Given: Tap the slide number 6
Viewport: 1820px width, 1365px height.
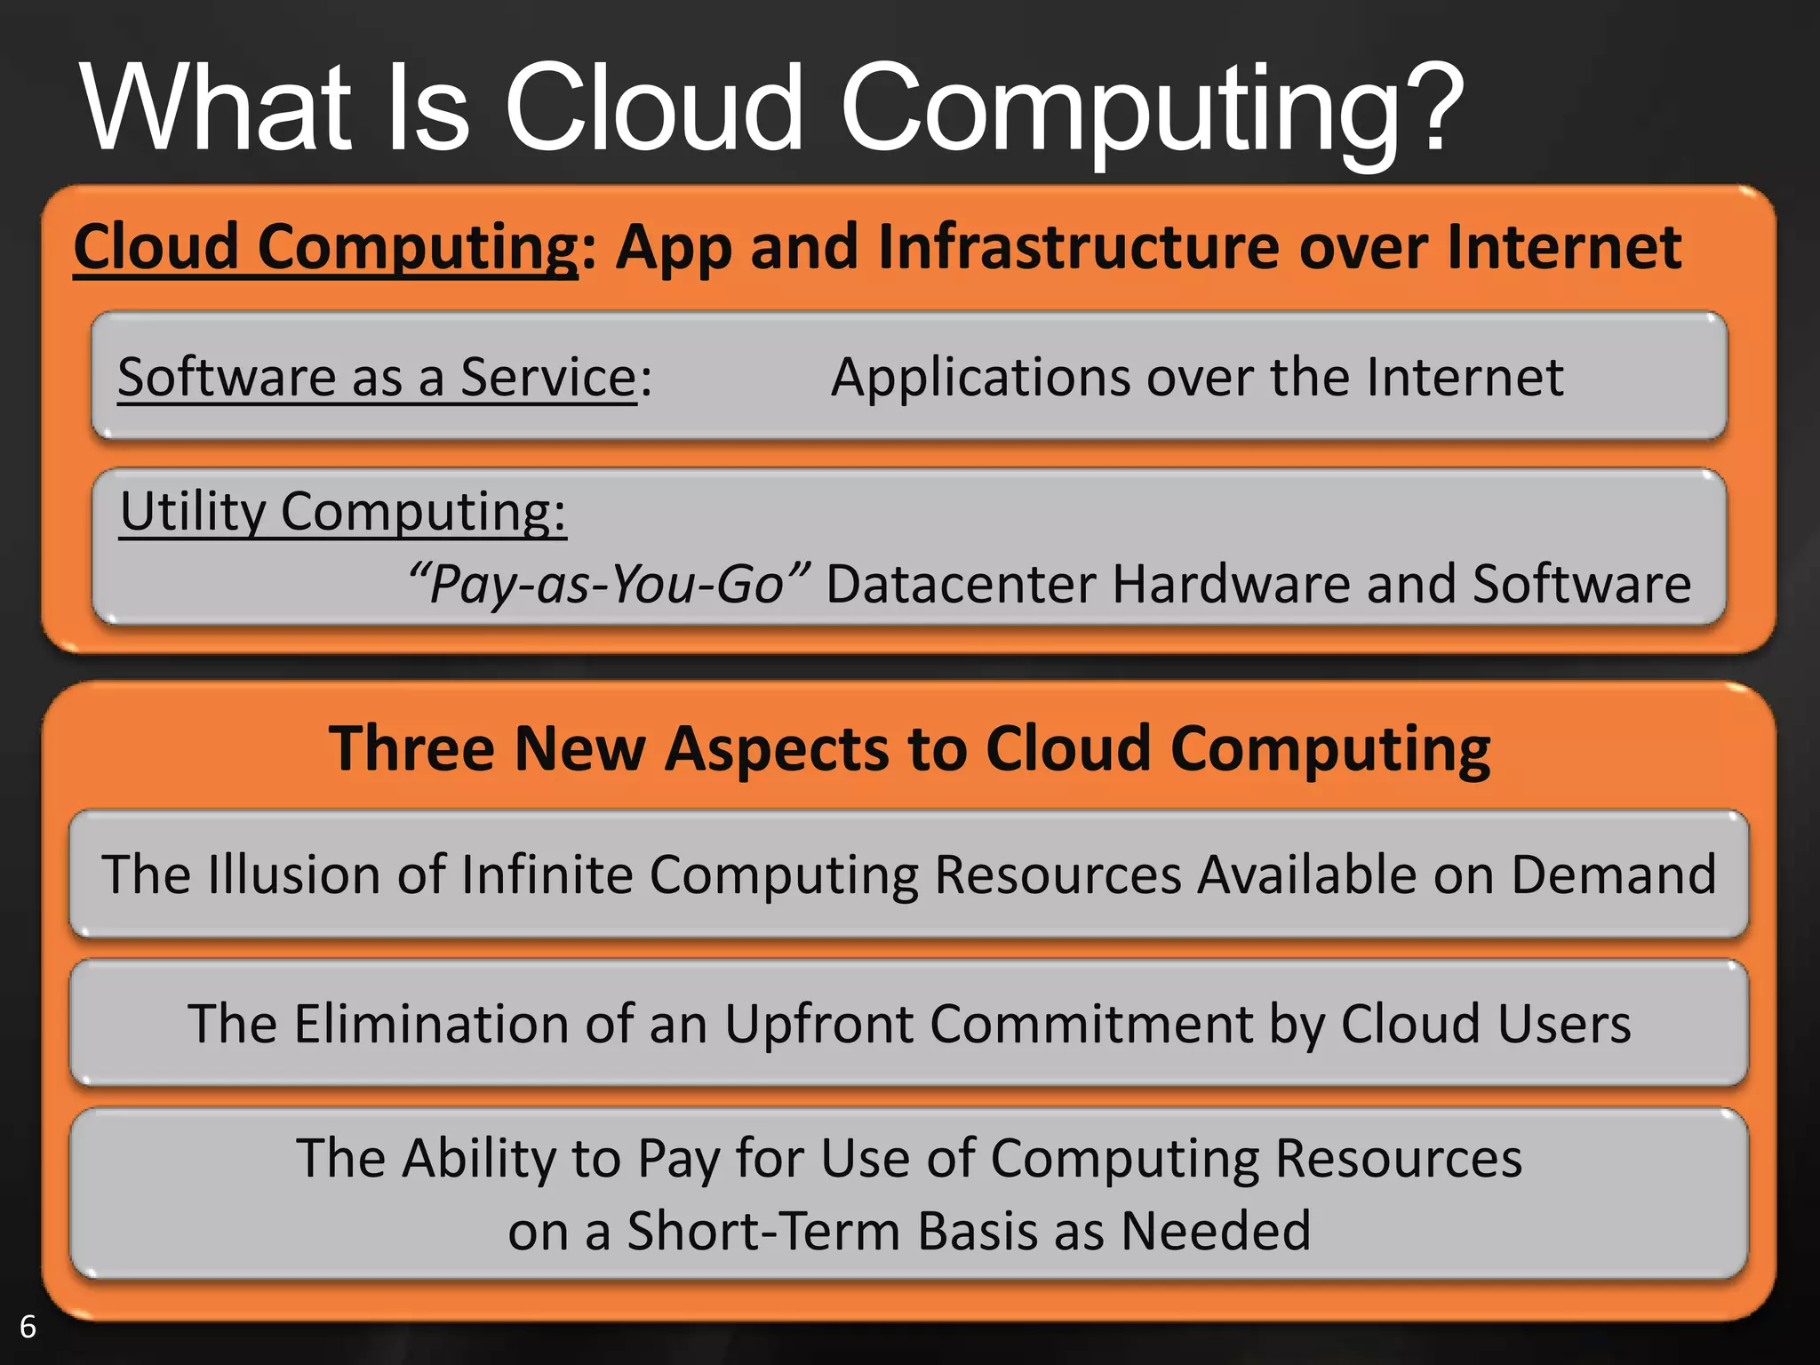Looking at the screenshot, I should [28, 1327].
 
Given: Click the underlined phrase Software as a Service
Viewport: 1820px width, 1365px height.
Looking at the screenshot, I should [377, 378].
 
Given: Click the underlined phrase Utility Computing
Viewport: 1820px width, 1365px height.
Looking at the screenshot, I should [341, 513].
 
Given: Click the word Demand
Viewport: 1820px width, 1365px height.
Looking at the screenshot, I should [1613, 874].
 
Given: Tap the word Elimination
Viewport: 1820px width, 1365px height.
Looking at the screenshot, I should [431, 1024].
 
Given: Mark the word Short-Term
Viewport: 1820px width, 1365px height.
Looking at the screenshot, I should [763, 1232].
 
